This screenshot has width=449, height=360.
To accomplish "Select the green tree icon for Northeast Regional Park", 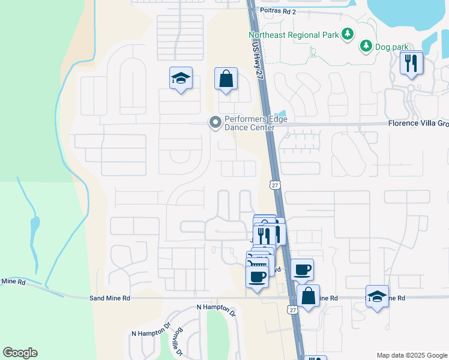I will (347, 35).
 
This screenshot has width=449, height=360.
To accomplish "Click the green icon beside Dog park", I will (366, 46).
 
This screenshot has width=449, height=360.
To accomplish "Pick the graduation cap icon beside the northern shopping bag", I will (181, 78).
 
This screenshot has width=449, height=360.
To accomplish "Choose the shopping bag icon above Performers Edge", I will (226, 79).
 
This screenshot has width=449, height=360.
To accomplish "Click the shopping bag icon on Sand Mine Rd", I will (308, 296).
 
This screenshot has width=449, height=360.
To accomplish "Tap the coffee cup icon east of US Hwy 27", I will (302, 269).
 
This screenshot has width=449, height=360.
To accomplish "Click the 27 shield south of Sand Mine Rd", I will (292, 310).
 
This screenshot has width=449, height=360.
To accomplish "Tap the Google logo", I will (20, 353).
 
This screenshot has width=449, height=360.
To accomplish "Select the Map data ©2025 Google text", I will (411, 355).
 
